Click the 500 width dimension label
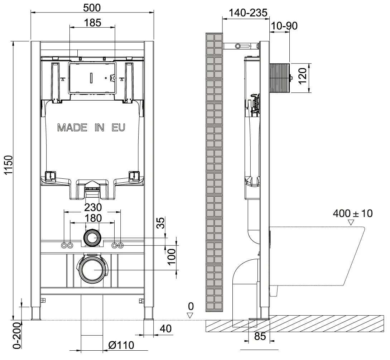[92, 8]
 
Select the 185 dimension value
[92, 23]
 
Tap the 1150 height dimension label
[9, 165]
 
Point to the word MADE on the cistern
[72, 128]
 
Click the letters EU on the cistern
[118, 128]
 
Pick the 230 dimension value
[93, 207]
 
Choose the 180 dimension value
[93, 218]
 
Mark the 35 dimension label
[161, 223]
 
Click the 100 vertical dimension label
[172, 257]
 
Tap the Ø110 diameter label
[121, 345]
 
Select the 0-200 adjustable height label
[17, 336]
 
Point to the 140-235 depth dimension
[248, 13]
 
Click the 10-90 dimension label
[284, 26]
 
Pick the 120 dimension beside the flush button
[303, 76]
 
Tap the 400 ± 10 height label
[353, 213]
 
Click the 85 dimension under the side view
[260, 336]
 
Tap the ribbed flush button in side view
[280, 78]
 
